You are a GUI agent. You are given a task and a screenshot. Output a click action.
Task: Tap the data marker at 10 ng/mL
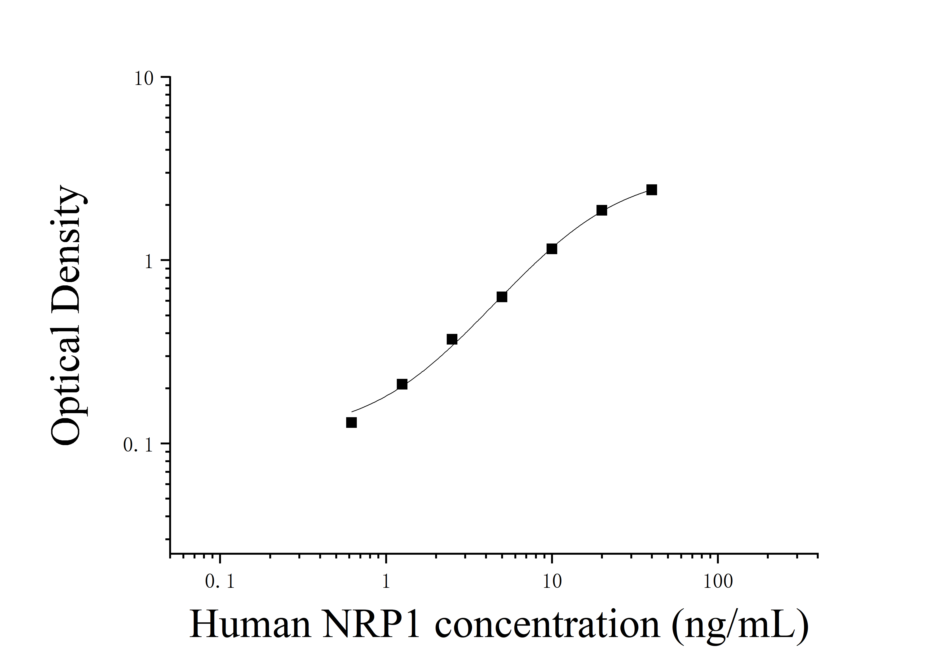point(552,249)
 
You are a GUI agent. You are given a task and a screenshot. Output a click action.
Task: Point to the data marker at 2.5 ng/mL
point(452,339)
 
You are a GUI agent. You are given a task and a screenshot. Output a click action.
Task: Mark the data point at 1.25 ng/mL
point(402,384)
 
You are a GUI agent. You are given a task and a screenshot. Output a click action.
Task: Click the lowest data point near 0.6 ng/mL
point(351,422)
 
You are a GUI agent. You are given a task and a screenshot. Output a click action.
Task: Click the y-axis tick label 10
point(144,79)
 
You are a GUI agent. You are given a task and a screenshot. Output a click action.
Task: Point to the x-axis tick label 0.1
point(220,582)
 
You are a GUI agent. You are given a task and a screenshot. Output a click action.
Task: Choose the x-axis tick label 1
point(386,582)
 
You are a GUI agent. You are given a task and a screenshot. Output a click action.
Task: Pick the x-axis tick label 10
point(552,582)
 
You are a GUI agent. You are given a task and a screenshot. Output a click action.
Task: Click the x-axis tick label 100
point(718,582)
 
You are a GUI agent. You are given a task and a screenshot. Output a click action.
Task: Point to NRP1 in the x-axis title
point(371,625)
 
